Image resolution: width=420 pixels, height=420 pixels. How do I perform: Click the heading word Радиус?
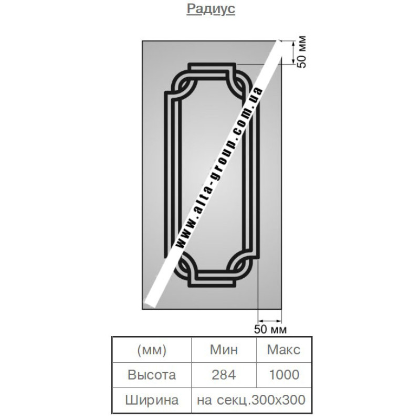[211, 9]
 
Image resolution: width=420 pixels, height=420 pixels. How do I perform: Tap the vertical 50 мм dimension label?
[301, 52]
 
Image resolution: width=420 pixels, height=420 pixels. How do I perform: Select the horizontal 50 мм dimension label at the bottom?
[270, 329]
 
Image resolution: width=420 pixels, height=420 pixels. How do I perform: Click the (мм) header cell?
[152, 350]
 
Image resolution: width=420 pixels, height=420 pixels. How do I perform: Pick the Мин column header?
[224, 350]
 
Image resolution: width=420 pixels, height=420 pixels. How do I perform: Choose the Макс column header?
[283, 350]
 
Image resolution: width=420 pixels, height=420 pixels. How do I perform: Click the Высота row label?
[152, 375]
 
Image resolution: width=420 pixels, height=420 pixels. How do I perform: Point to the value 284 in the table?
[224, 375]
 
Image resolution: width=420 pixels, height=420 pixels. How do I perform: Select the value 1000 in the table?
[284, 375]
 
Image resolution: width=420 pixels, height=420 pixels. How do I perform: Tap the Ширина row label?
[152, 400]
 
